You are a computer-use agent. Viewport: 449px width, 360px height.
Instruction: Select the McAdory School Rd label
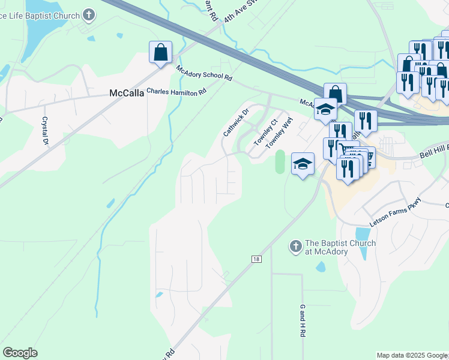204,73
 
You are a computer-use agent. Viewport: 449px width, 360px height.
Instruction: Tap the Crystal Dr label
44,130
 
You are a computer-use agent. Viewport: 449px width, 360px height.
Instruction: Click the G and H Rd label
303,320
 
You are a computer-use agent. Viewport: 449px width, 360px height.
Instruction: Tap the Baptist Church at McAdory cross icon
295,247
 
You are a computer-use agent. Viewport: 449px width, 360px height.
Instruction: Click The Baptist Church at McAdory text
340,247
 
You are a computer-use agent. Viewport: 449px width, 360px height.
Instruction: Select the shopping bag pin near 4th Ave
161,52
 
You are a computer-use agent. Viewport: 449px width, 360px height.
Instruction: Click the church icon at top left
89,14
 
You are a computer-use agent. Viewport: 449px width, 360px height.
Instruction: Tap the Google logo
20,353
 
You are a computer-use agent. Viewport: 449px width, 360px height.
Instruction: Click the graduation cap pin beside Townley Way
303,164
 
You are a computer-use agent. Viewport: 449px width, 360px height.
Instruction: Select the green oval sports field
280,162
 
